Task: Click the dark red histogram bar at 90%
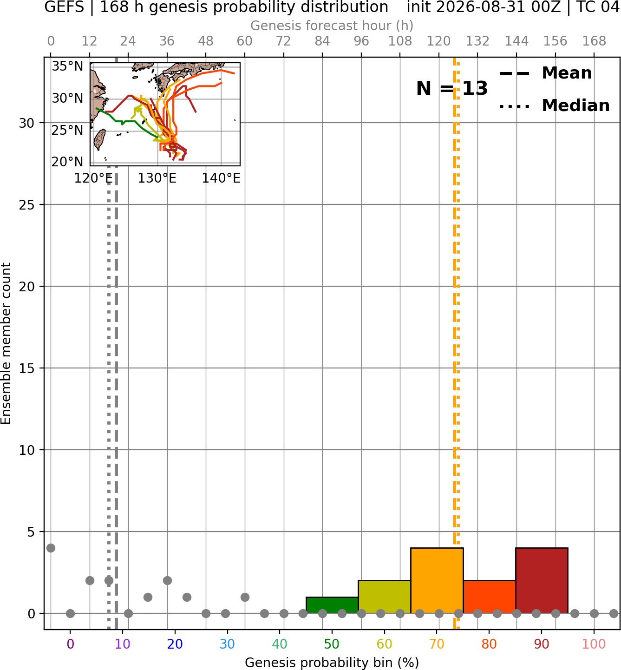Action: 542,580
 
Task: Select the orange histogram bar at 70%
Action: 437,580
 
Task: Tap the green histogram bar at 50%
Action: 332,605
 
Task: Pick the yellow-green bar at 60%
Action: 385,597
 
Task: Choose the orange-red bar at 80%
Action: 490,597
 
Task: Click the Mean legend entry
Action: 545,73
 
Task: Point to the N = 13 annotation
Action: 452,88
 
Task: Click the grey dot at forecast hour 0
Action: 51,548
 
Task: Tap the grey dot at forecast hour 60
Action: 245,598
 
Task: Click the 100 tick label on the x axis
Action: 594,644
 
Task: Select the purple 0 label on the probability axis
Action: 70,644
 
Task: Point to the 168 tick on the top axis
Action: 594,41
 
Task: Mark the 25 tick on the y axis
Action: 26,205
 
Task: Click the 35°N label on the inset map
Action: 67,66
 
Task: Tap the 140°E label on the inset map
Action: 221,178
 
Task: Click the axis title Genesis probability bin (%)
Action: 332,663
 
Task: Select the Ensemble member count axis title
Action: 6,343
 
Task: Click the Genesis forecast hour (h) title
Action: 332,26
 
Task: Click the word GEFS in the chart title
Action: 64,7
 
